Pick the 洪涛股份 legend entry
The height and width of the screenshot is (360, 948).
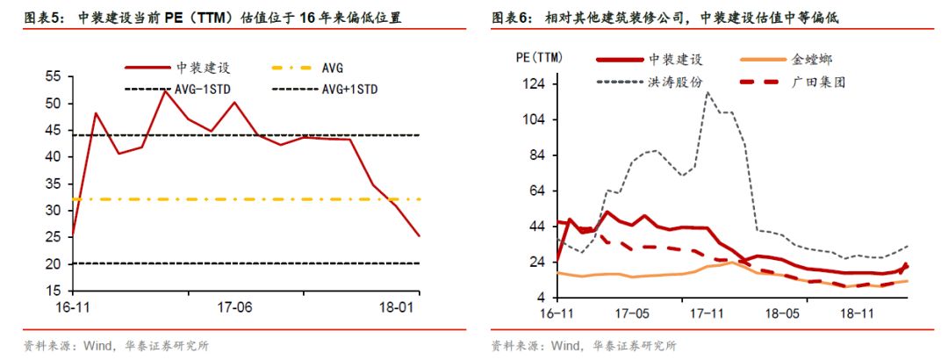(x=675, y=83)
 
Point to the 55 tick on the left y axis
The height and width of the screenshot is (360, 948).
(x=53, y=77)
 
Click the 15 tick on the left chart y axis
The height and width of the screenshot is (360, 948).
(x=53, y=291)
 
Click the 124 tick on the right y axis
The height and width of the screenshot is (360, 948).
(x=535, y=84)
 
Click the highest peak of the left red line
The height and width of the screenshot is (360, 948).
(x=164, y=90)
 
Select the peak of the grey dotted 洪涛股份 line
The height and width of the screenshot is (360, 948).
(x=707, y=92)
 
